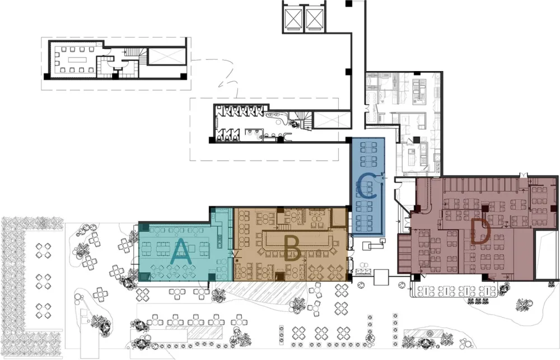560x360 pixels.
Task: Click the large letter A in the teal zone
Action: [182, 251]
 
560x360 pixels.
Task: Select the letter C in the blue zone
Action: [366, 186]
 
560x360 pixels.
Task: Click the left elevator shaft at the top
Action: [293, 17]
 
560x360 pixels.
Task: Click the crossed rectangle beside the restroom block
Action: [331, 120]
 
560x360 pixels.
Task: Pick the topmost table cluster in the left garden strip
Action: [43, 250]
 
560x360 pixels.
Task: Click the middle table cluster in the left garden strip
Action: [43, 282]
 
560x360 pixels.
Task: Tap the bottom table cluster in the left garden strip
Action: [43, 310]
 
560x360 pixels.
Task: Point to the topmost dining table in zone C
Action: [368, 147]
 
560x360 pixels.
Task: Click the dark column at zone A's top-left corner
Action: [144, 227]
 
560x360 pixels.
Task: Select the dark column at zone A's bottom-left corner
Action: [144, 277]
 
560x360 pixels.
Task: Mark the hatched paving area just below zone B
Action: [264, 290]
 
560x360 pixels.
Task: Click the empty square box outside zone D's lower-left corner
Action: [381, 278]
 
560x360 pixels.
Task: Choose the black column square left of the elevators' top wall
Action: [349, 3]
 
